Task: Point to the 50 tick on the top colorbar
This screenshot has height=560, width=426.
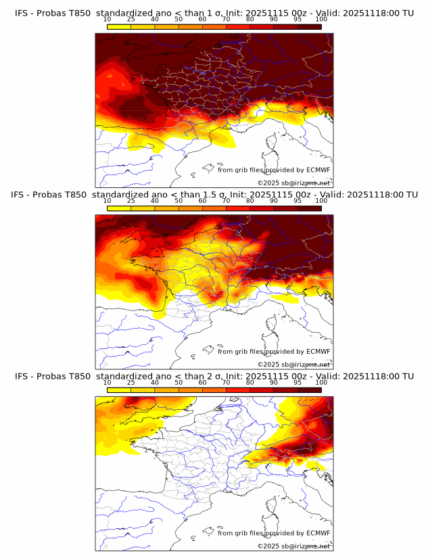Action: pos(179,20)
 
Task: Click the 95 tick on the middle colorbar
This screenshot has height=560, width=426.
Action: pos(298,201)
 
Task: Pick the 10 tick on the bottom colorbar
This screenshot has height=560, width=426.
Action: pos(108,382)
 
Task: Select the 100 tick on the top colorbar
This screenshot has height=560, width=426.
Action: pos(321,20)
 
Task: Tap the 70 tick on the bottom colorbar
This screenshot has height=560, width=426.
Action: pos(226,382)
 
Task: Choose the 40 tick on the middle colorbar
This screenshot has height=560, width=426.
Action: pos(155,201)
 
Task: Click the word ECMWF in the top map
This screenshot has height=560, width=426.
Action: pos(318,170)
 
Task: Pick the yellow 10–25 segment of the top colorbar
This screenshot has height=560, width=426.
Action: pos(119,26)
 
